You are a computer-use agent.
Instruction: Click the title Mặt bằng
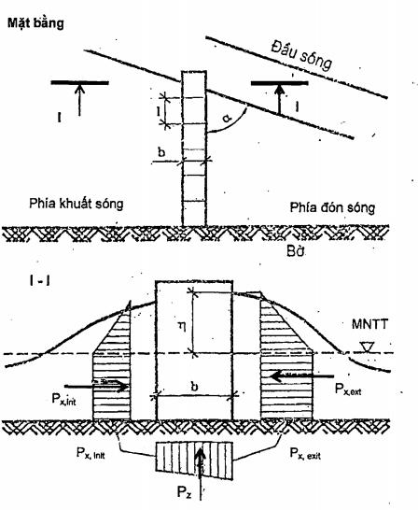point(35,23)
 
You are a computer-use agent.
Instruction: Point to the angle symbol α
point(227,118)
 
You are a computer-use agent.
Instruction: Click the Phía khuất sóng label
point(77,204)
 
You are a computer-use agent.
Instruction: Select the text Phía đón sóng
point(332,207)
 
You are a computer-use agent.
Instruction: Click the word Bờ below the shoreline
point(296,251)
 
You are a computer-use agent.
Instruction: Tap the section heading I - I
point(39,280)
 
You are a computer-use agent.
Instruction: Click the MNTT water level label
point(369,324)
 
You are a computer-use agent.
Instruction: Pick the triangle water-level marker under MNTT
point(368,347)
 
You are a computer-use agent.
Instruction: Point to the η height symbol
point(183,326)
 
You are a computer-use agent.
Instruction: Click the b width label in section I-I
point(195,388)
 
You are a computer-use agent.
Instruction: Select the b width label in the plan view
point(161,152)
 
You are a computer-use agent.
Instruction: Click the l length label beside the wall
point(159,111)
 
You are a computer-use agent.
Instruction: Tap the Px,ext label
point(348,389)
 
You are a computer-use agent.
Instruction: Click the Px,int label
point(64,399)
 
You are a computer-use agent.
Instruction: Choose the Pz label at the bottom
point(184,491)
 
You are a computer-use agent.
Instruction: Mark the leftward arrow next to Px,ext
point(302,376)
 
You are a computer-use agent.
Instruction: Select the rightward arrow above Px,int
point(97,386)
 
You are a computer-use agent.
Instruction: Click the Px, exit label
point(305,453)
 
